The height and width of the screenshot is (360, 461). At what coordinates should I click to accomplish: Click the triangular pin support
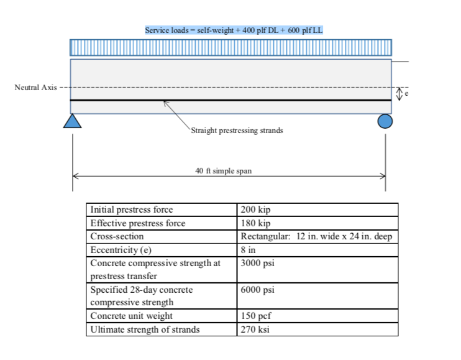[73, 121]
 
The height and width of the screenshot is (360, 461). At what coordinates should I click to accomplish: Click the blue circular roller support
[385, 121]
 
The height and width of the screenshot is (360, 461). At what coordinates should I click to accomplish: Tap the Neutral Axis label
[35, 88]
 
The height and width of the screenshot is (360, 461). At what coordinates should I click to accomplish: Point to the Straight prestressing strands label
[237, 131]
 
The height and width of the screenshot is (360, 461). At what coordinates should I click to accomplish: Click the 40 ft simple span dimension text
[224, 170]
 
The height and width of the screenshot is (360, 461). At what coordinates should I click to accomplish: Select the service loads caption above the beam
[234, 30]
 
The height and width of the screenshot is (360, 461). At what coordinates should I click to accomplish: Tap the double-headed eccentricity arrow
[399, 93]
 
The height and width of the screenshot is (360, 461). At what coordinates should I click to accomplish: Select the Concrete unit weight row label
[132, 316]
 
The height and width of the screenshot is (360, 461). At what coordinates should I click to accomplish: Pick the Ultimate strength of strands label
[145, 330]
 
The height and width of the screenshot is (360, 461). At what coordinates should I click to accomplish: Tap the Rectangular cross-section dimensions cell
[316, 236]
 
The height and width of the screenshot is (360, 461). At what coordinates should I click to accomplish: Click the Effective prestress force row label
[138, 223]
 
